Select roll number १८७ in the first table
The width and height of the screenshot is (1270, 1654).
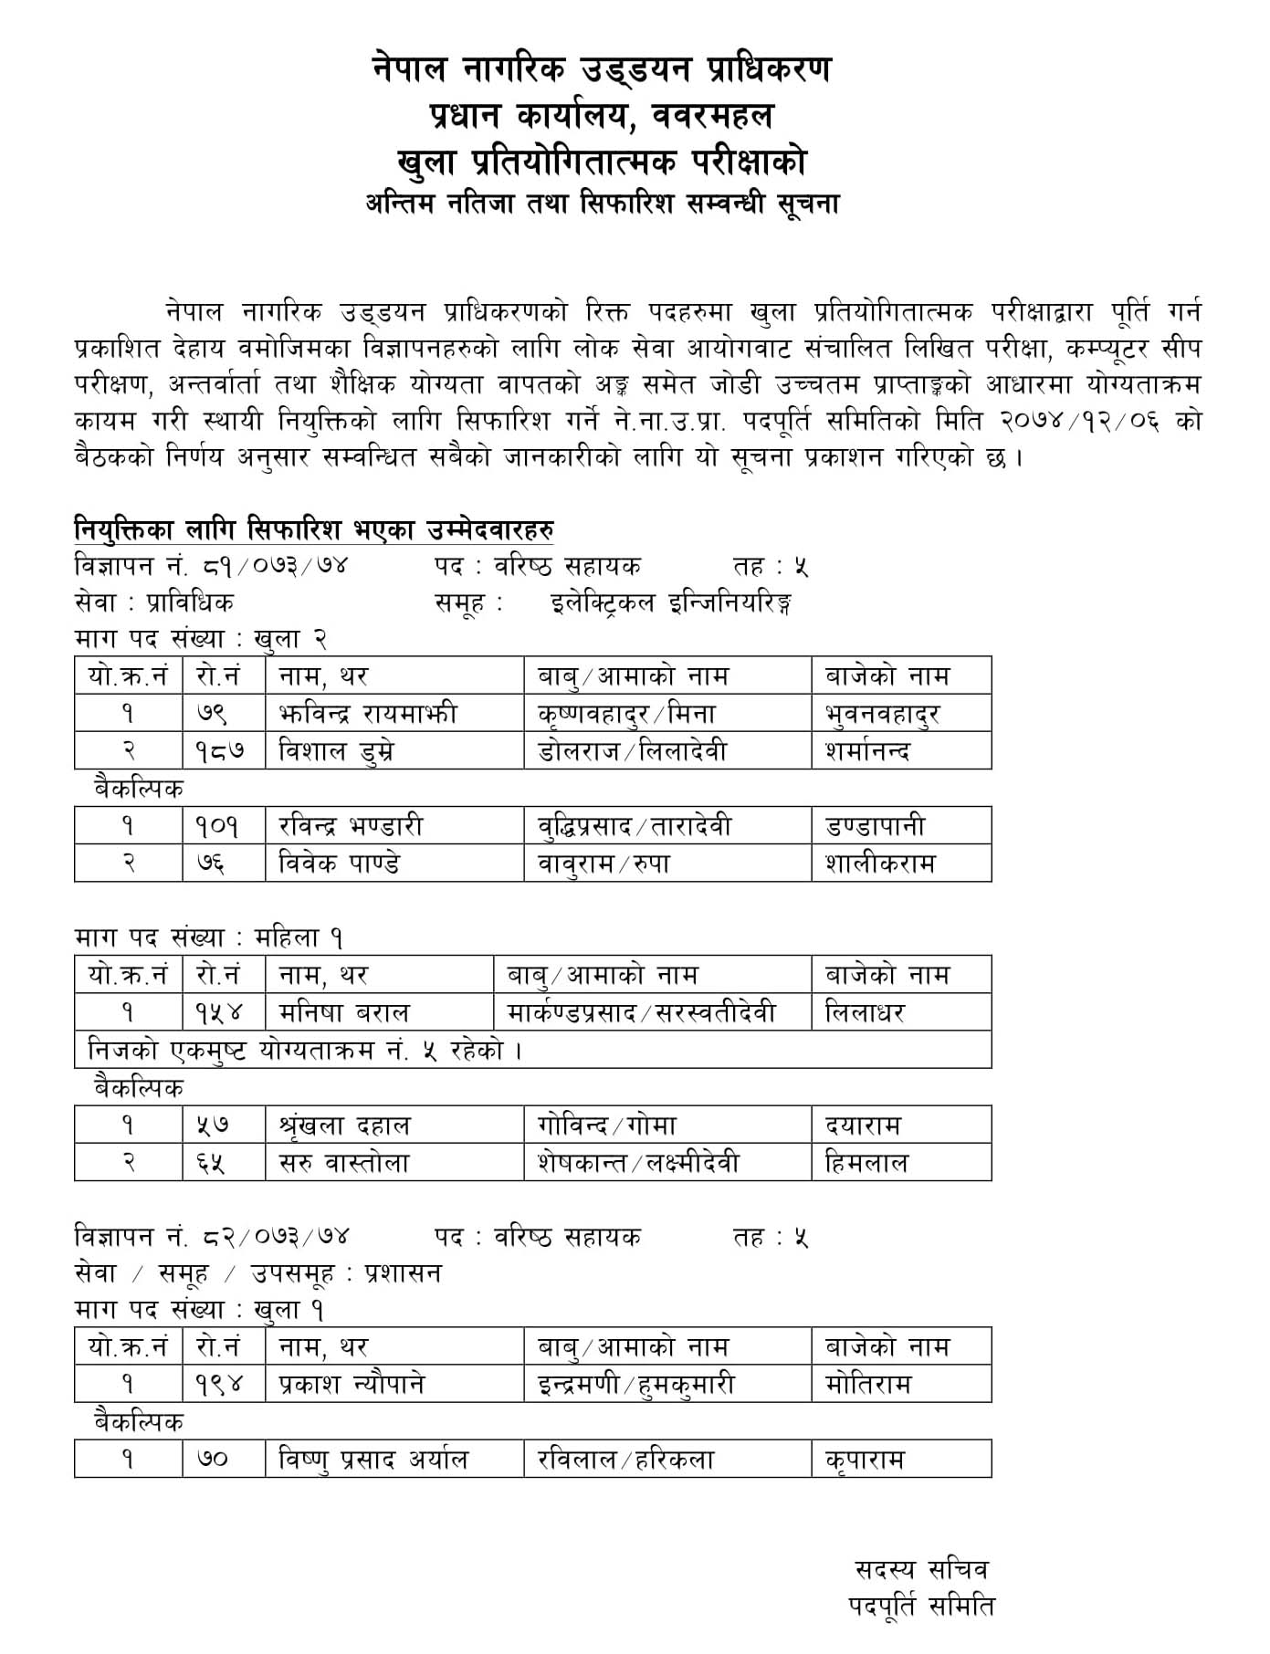pos(219,751)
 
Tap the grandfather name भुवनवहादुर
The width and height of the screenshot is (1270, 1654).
pos(881,714)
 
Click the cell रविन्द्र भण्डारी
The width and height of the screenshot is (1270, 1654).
pos(352,826)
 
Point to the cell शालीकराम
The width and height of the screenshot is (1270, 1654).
pos(880,864)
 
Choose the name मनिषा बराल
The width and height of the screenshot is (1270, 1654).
pos(344,1012)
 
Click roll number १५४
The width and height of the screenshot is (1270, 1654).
pos(219,1012)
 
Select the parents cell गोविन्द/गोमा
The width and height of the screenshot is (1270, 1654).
pos(607,1125)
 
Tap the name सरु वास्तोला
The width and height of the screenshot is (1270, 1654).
pos(344,1163)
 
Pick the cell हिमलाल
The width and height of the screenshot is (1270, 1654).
pos(866,1163)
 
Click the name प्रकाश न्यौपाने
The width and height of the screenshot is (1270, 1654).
pos(352,1385)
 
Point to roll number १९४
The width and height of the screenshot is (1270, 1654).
pos(219,1385)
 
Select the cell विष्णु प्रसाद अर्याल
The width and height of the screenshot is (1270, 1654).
pos(373,1460)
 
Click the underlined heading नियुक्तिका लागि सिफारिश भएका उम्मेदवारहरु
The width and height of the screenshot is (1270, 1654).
pos(314,529)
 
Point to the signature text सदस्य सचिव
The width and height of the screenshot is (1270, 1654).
pos(920,1570)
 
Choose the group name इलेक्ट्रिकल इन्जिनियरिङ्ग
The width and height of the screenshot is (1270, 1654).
pos(671,603)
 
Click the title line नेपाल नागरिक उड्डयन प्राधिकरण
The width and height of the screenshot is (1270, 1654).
pos(603,69)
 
